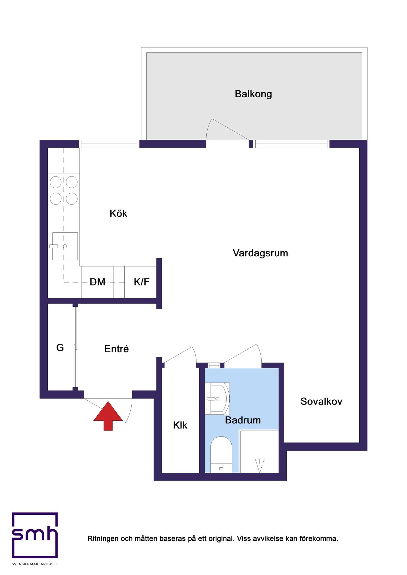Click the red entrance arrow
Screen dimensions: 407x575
(x=108, y=416)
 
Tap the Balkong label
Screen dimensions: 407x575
(x=253, y=94)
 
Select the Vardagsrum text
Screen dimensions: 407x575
(x=260, y=253)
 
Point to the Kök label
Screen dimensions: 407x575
(x=118, y=213)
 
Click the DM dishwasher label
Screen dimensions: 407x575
(x=97, y=282)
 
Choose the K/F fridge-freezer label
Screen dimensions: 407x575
(x=141, y=282)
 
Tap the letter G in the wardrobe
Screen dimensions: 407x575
(x=60, y=348)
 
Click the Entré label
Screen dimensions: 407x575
(x=116, y=349)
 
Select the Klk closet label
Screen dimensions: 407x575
(x=180, y=425)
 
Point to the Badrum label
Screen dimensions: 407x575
(x=243, y=420)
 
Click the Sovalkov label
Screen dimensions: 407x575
(x=321, y=401)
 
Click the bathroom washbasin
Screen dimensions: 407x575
(x=217, y=398)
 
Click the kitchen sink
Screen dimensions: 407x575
(x=65, y=246)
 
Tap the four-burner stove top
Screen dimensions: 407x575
(x=64, y=190)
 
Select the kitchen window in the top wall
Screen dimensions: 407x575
(x=109, y=144)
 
